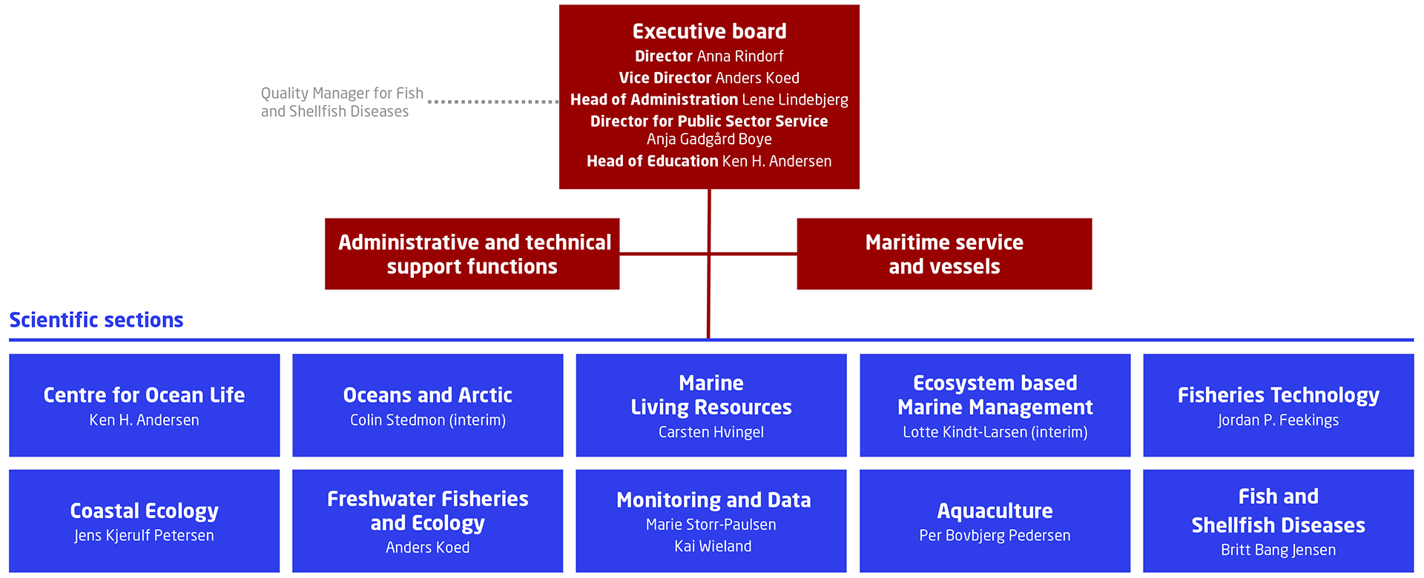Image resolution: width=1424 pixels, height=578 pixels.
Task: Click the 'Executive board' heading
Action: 709,31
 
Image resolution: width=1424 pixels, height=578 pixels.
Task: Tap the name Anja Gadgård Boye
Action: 709,139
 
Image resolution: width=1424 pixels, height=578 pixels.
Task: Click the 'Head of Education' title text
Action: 653,161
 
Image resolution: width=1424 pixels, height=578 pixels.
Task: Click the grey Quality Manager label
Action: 342,102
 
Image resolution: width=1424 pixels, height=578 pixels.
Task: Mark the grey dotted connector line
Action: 493,102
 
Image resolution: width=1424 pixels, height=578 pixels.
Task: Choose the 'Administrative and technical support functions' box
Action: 472,253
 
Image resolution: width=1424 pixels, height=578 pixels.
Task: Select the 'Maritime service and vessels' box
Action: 944,253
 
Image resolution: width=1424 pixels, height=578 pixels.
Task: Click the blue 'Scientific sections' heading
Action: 96,320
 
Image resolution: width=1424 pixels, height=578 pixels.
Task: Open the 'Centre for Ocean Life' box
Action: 144,405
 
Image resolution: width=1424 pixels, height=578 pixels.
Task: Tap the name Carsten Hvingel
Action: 711,432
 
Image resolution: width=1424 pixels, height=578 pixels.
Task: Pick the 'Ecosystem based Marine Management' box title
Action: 995,395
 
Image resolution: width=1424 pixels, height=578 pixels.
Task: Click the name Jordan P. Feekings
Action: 1278,420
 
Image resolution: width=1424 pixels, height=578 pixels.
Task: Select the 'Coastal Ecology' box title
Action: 144,511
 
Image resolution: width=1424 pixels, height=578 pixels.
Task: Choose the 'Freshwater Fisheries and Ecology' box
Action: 427,520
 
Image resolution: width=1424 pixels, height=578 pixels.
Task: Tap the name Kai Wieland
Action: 713,547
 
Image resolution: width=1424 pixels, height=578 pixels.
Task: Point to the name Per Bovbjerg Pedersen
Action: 995,536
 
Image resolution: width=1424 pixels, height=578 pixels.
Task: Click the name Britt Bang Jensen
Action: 1278,550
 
